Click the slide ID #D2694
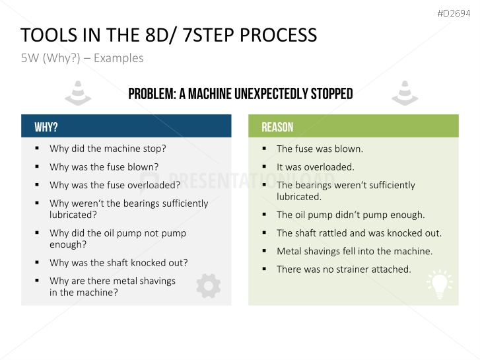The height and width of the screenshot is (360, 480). (454, 13)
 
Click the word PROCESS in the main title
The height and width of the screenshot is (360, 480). (278, 35)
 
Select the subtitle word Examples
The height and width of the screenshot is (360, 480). (118, 58)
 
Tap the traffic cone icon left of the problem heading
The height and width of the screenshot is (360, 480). (78, 93)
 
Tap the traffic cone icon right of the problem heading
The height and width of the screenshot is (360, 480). (405, 93)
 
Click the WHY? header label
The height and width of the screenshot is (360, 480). (46, 127)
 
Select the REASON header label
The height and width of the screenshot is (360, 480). (277, 127)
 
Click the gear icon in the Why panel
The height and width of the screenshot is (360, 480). (209, 286)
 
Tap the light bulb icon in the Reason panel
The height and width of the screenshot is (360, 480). (440, 285)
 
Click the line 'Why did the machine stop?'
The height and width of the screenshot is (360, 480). (108, 149)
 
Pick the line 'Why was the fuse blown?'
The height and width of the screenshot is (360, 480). (104, 167)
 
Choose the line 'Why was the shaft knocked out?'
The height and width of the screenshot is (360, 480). (119, 263)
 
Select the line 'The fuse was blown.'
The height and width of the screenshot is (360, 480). (320, 149)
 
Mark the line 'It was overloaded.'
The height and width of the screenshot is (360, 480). (316, 167)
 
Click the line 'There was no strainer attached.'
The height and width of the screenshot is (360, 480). (344, 270)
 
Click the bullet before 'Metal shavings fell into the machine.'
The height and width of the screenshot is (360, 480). (265, 251)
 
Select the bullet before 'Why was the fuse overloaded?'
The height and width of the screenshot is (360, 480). (37, 185)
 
